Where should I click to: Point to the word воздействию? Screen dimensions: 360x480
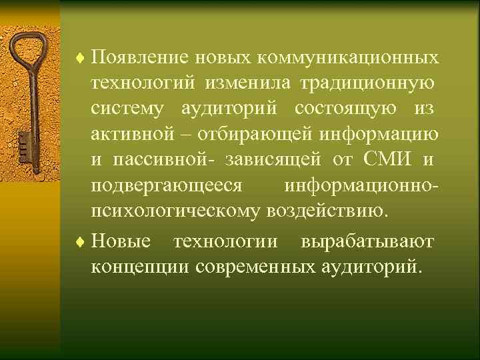point(326,213)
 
